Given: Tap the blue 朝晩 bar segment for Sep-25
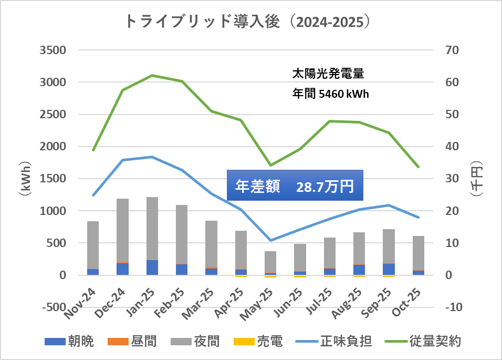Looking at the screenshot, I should (389, 269).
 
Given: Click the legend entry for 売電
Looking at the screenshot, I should (259, 342).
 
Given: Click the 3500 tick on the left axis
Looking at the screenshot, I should (53, 50).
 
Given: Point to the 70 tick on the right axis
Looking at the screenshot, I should (453, 50).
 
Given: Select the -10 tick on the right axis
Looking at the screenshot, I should (453, 307).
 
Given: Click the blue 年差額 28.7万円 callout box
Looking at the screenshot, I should (295, 185).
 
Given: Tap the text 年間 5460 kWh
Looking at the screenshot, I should (330, 94).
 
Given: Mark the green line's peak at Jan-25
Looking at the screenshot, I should (152, 75).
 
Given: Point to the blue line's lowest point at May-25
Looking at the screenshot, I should (270, 240).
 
